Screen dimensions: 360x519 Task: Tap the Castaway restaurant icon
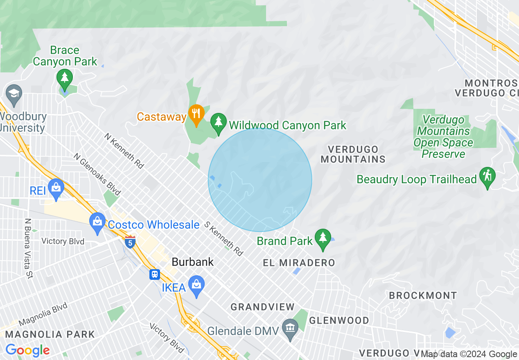[x=196, y=114]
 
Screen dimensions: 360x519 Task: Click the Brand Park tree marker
[x=323, y=238]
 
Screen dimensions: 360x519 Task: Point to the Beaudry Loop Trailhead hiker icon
[x=487, y=177]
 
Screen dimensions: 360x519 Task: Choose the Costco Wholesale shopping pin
[x=97, y=222]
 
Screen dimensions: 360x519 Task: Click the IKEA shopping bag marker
[x=196, y=285]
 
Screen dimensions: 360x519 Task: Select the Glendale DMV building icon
[x=291, y=328]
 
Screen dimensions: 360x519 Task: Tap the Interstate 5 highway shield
[x=130, y=241]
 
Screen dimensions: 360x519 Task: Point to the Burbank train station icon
[x=155, y=274]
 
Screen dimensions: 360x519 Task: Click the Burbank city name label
[x=193, y=262]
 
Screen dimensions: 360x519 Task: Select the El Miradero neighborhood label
[x=299, y=263]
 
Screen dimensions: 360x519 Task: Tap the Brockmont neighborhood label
[x=423, y=295]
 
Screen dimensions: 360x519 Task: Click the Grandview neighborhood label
[x=262, y=307]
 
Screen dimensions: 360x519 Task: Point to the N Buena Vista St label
[x=28, y=248]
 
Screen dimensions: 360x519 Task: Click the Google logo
[x=27, y=351]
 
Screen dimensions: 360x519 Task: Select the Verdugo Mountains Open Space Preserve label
[x=444, y=137]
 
